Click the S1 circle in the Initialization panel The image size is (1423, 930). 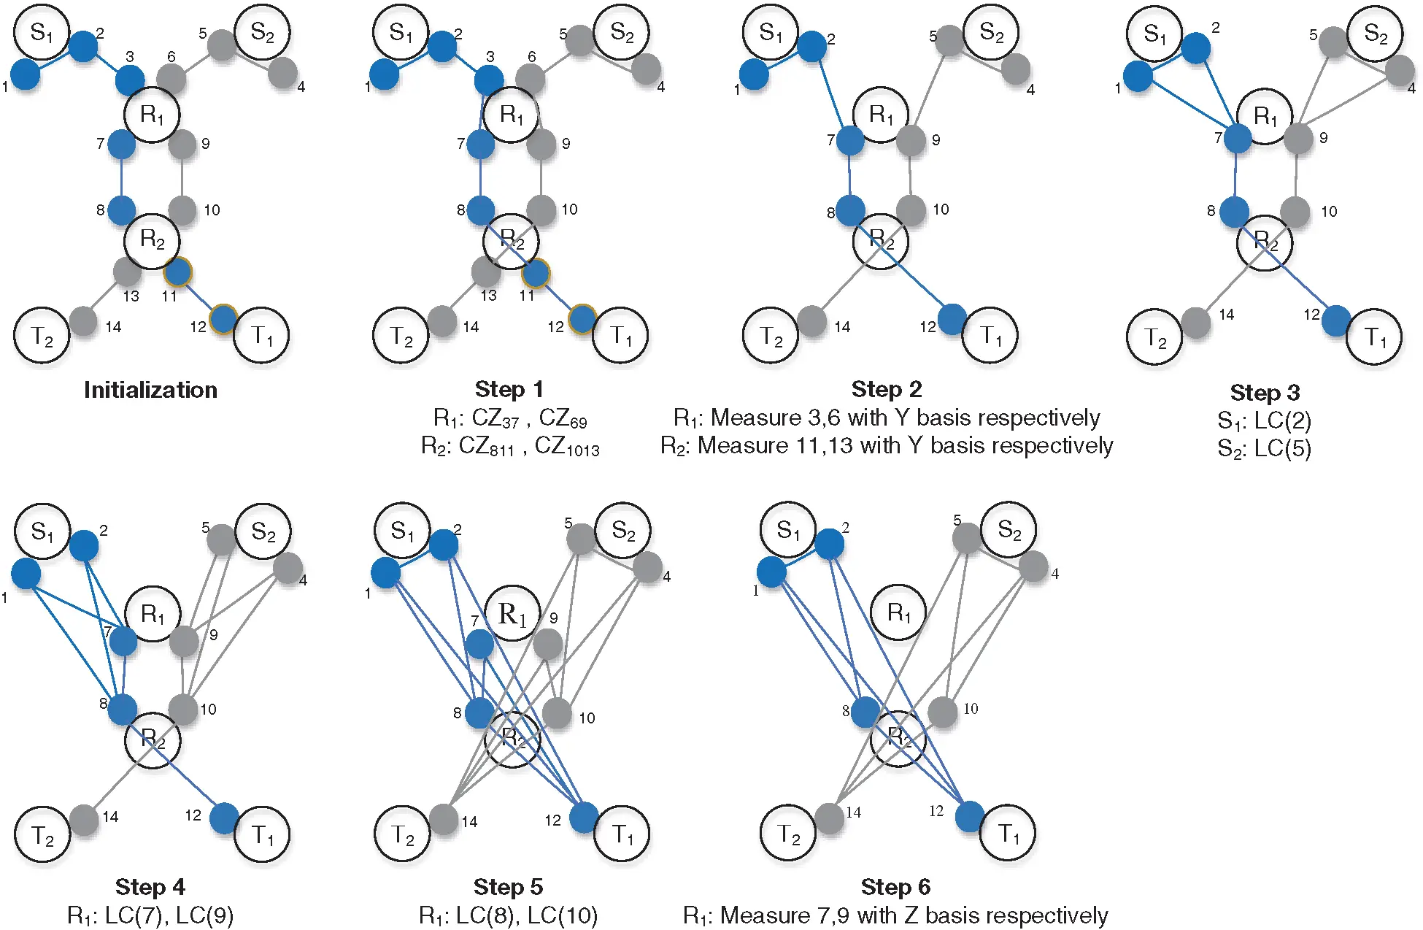click(42, 32)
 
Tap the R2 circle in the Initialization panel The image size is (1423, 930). click(152, 240)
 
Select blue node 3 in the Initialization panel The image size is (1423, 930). click(130, 80)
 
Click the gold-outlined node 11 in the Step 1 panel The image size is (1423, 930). click(536, 274)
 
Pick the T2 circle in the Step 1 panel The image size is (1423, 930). click(401, 336)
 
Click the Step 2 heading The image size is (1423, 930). click(886, 389)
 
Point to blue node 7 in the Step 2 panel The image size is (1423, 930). click(850, 140)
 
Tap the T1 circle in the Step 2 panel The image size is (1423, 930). click(990, 336)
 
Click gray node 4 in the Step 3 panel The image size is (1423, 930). click(1399, 70)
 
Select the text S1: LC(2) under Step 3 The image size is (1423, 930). click(1264, 420)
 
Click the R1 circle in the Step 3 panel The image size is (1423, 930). click(1265, 116)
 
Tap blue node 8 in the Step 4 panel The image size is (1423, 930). click(122, 709)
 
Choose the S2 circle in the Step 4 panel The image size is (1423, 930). click(263, 531)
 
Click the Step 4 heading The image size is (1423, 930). click(150, 887)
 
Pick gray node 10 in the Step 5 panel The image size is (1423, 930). click(557, 713)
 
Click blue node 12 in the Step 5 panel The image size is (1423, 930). click(584, 818)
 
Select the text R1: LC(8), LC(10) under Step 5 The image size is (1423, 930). click(508, 915)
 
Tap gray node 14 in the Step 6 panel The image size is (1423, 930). click(830, 818)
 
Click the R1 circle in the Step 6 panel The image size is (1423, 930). click(898, 612)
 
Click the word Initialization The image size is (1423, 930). click(150, 390)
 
